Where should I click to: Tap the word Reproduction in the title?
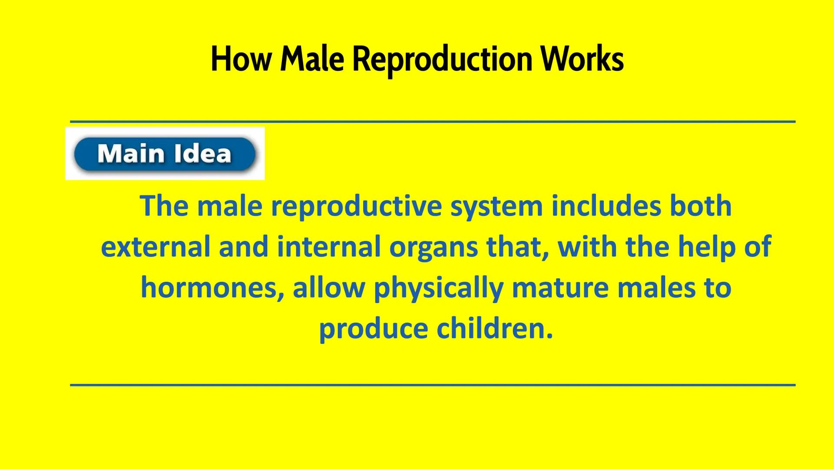click(x=442, y=59)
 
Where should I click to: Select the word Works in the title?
click(x=582, y=59)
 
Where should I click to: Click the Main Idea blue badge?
click(x=165, y=154)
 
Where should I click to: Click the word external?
click(x=156, y=247)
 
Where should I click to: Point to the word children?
click(x=495, y=328)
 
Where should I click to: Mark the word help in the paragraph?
click(x=700, y=247)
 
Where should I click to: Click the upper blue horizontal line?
click(x=432, y=122)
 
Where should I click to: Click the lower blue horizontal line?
click(x=432, y=385)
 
